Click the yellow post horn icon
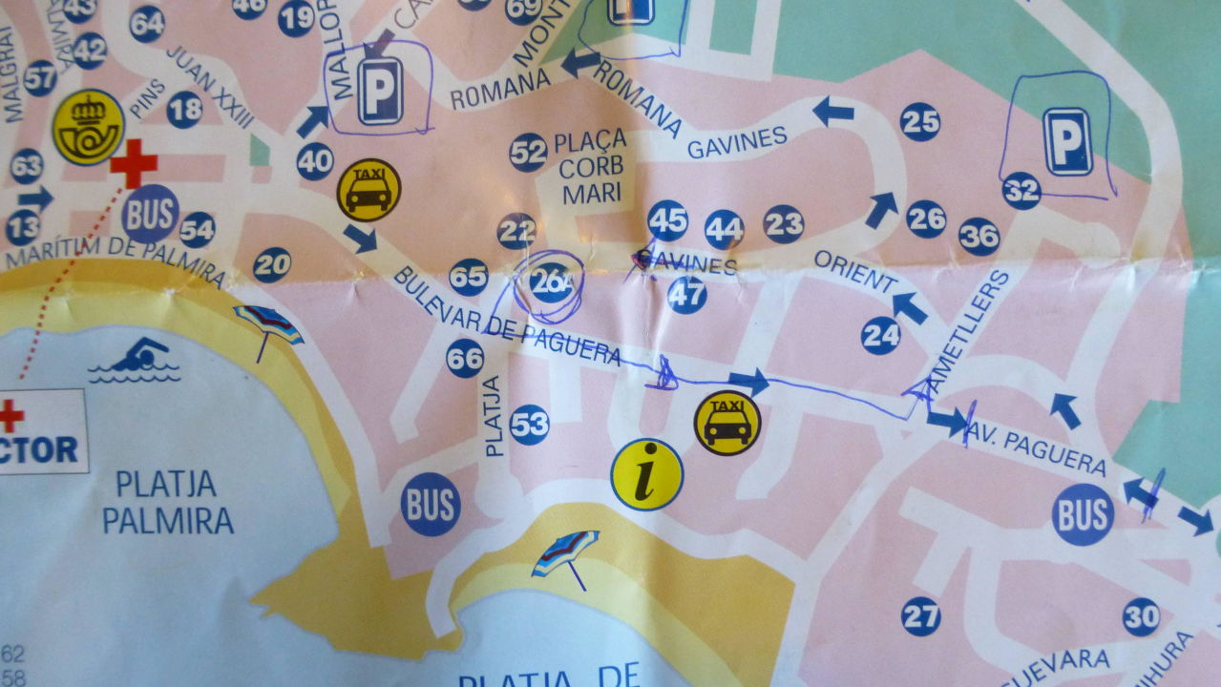[x=89, y=127]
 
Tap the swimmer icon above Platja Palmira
[x=135, y=361]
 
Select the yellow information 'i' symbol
[x=647, y=474]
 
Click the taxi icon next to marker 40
[x=368, y=190]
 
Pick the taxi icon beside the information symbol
[x=727, y=423]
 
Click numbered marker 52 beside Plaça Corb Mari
[x=528, y=152]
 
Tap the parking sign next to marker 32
[x=1067, y=141]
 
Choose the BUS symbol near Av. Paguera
[x=1083, y=514]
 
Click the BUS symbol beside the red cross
[x=150, y=214]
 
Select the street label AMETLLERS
[x=966, y=329]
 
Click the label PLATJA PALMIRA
[x=168, y=502]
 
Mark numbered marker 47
[x=687, y=295]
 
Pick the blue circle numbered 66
[x=465, y=358]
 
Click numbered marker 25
[x=920, y=121]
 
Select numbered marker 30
[x=1142, y=616]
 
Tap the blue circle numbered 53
[x=530, y=425]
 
